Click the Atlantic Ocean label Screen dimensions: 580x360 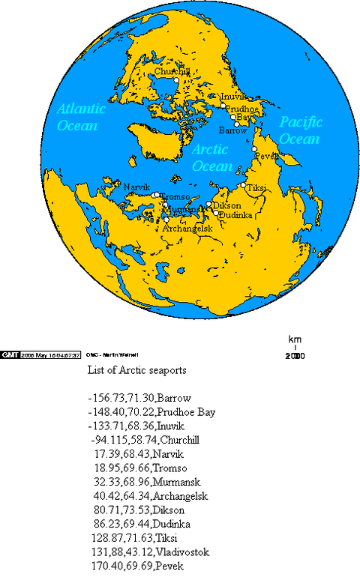click(81, 116)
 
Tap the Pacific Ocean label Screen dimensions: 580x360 click(300, 130)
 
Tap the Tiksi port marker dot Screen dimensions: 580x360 click(243, 185)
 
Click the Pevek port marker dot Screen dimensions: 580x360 click(255, 150)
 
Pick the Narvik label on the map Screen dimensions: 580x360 click(137, 187)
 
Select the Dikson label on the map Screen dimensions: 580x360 click(227, 205)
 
